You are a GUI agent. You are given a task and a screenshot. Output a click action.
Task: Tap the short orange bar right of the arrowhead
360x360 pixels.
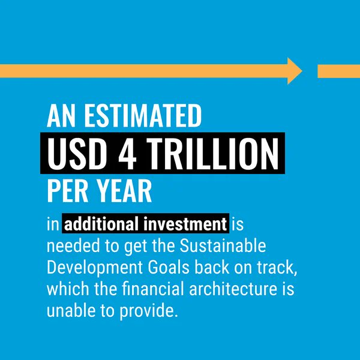[x=338, y=71]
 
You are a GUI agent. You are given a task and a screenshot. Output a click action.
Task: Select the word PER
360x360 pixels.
[x=67, y=192]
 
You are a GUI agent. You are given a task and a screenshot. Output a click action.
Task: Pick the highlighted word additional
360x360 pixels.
[x=102, y=226]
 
